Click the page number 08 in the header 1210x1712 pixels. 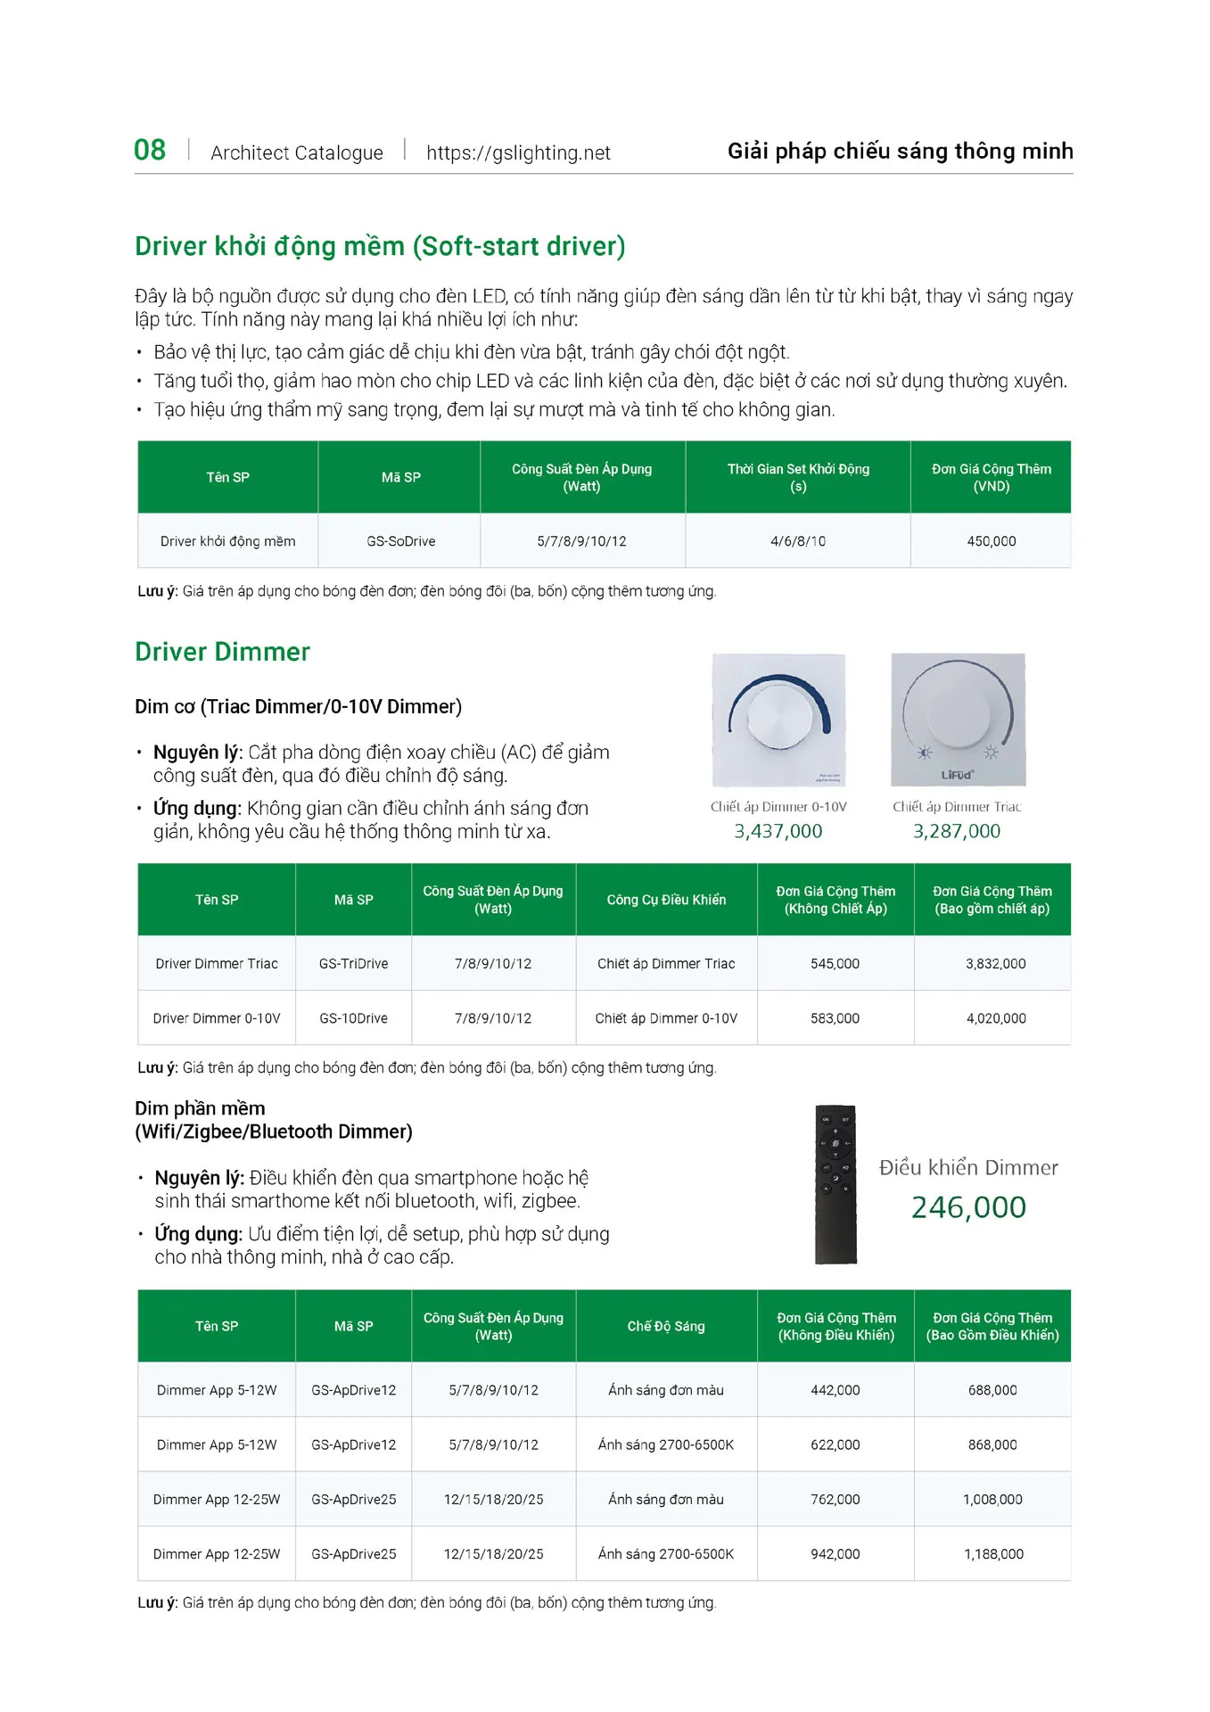[150, 150]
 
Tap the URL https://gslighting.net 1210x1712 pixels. [518, 152]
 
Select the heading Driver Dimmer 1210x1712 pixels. [222, 652]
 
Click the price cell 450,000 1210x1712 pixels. [991, 541]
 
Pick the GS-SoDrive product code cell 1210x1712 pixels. [400, 541]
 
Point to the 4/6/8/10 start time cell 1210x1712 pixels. [798, 541]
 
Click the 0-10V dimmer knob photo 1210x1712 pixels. [779, 720]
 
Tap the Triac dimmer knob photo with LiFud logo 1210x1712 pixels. [959, 720]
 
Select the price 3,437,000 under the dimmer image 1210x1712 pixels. [778, 831]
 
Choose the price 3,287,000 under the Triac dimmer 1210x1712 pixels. [957, 831]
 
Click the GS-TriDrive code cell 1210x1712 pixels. [353, 964]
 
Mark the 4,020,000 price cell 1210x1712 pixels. [996, 1018]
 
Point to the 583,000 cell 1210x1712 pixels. [835, 1018]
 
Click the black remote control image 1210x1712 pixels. [835, 1185]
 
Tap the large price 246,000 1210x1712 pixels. [968, 1207]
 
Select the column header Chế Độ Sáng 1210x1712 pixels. [666, 1326]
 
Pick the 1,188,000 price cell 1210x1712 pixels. [993, 1554]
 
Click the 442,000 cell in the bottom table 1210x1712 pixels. [835, 1390]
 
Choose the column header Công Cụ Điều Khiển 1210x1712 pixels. [666, 900]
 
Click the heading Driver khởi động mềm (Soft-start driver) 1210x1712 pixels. [380, 246]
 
